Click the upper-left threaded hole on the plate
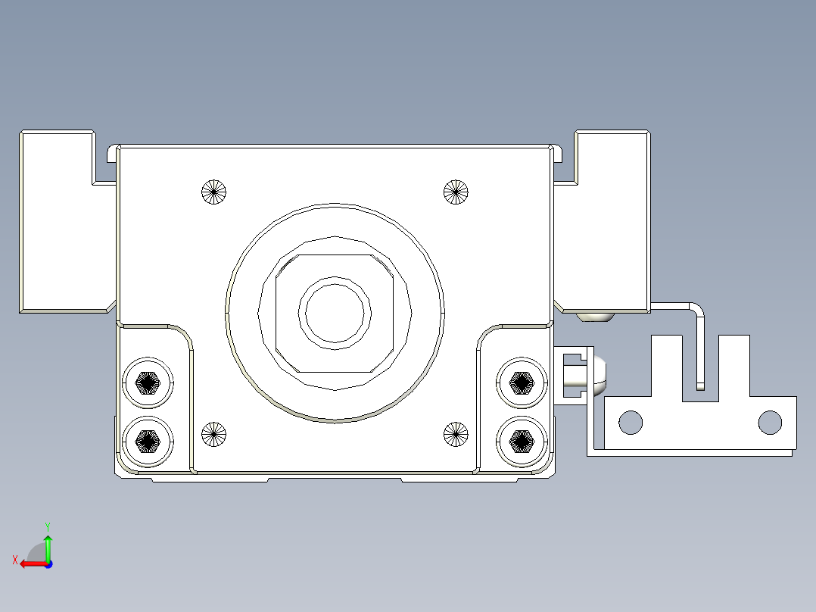pyautogui.click(x=214, y=192)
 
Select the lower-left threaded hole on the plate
pyautogui.click(x=214, y=434)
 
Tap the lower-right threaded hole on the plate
pyautogui.click(x=456, y=433)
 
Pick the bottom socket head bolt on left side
pyautogui.click(x=148, y=439)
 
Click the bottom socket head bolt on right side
pyautogui.click(x=522, y=439)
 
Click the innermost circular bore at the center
pyautogui.click(x=336, y=311)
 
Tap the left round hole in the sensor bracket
pyautogui.click(x=631, y=422)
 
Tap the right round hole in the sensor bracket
pyautogui.click(x=770, y=422)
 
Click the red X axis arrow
pyautogui.click(x=30, y=563)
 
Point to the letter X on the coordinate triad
pyautogui.click(x=14, y=560)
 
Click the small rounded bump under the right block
pyautogui.click(x=596, y=317)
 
